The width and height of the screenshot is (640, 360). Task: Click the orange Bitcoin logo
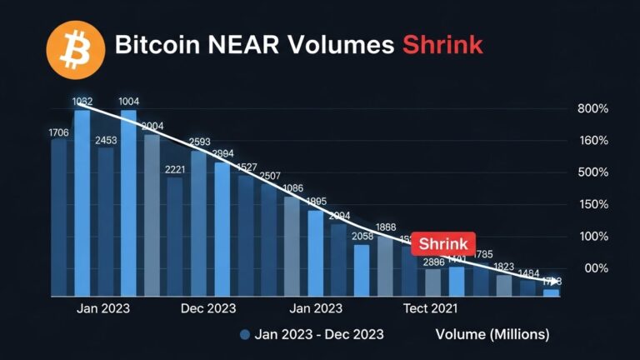click(x=75, y=46)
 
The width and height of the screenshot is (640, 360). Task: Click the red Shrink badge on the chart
click(x=442, y=244)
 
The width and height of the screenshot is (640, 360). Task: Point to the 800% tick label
click(x=592, y=109)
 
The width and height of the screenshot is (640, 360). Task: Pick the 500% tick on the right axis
click(x=592, y=172)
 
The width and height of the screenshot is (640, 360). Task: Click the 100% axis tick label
click(x=592, y=237)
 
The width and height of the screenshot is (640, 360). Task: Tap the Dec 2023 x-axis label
click(x=207, y=308)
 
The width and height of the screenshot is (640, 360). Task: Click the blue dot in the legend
click(x=245, y=335)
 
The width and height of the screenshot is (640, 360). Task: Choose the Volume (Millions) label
click(x=492, y=334)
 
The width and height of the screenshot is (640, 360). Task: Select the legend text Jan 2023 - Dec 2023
click(x=320, y=334)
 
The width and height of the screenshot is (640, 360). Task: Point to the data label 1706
click(x=59, y=132)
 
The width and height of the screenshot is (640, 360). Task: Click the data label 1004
click(x=129, y=102)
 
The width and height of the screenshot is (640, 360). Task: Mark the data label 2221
click(x=176, y=170)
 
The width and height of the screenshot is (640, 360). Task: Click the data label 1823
click(x=503, y=267)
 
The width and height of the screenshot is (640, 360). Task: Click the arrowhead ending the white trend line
click(x=555, y=282)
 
